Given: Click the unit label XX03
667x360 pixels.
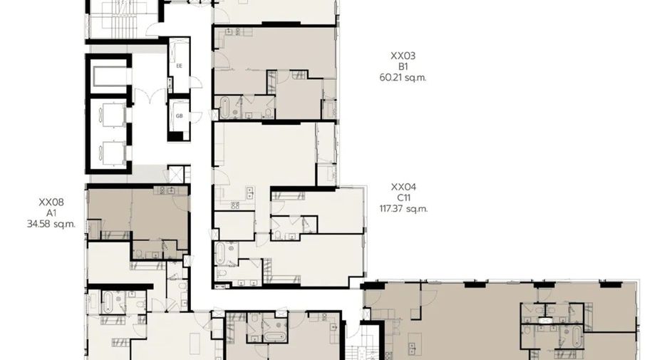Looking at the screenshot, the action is pyautogui.click(x=403, y=56).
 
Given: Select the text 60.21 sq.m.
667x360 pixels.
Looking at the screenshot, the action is pyautogui.click(x=403, y=78).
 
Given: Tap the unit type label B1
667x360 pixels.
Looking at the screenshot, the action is pyautogui.click(x=403, y=67).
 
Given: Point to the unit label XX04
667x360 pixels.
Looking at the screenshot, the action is pyautogui.click(x=403, y=187).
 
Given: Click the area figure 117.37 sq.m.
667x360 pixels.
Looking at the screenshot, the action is pyautogui.click(x=403, y=209).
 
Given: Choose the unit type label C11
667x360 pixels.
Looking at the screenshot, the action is pyautogui.click(x=403, y=198).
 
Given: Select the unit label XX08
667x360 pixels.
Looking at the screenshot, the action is pyautogui.click(x=51, y=202).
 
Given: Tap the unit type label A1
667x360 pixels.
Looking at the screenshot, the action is pyautogui.click(x=51, y=213).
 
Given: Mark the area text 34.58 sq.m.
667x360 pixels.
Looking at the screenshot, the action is pyautogui.click(x=51, y=225).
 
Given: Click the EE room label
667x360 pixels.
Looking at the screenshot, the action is pyautogui.click(x=179, y=66).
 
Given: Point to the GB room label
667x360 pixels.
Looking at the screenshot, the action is pyautogui.click(x=179, y=115).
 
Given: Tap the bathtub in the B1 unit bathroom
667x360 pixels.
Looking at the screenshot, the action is pyautogui.click(x=224, y=108).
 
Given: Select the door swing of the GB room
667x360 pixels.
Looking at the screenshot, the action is pyautogui.click(x=196, y=117).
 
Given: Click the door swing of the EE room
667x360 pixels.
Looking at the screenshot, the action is pyautogui.click(x=196, y=83).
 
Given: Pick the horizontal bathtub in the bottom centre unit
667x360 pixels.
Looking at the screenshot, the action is pyautogui.click(x=276, y=336).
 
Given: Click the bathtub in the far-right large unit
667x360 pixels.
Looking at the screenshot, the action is pyautogui.click(x=576, y=336).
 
